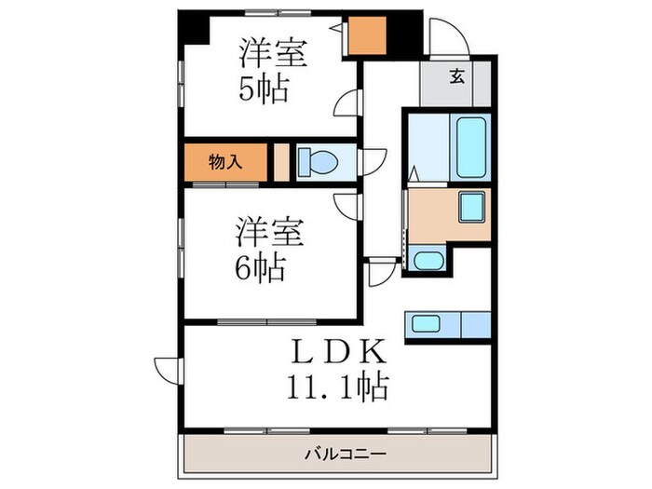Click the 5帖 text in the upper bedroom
pos(263,90)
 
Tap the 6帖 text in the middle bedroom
pos(260,267)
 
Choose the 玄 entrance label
pos(458,77)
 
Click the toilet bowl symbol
pos(319,163)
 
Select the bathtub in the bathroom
pos(471,145)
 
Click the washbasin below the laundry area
pos(428,261)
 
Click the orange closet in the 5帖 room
pos(365,37)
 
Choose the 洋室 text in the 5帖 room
pos(272,52)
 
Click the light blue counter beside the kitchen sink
pos(475,324)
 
